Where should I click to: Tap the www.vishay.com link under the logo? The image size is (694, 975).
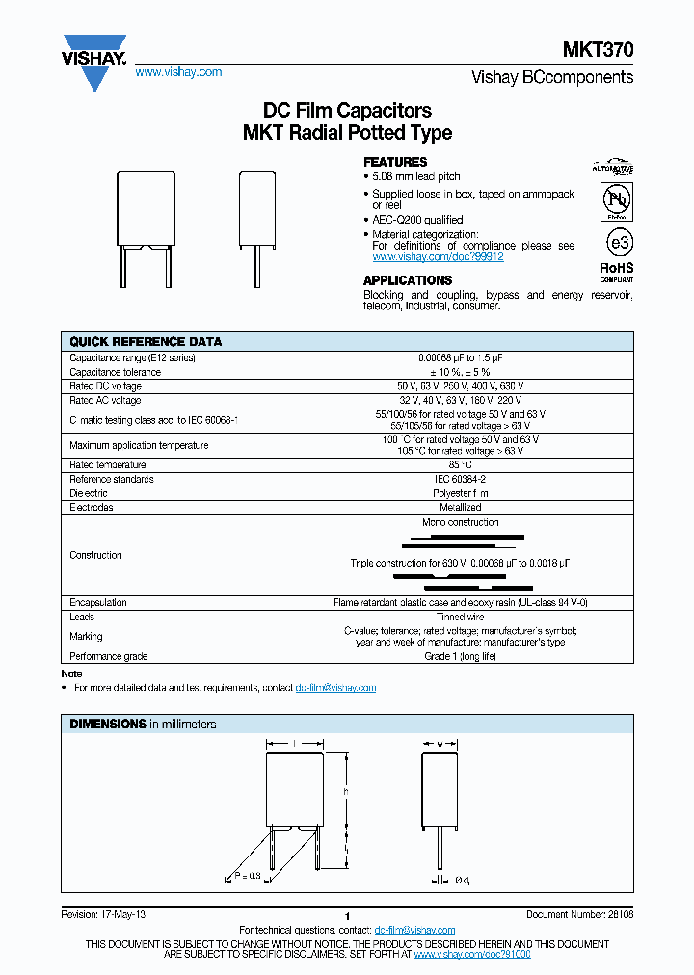click(178, 72)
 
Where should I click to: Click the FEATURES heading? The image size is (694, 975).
click(395, 162)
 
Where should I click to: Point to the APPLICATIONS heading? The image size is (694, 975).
click(408, 280)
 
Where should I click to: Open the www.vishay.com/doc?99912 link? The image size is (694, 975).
click(438, 257)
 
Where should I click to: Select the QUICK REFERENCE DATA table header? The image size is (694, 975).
click(146, 342)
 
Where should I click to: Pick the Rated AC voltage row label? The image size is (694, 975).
click(105, 400)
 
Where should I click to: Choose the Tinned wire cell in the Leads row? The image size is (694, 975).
click(460, 617)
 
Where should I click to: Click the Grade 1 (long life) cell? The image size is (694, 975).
click(460, 656)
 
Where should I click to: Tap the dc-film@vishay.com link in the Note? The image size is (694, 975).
click(335, 688)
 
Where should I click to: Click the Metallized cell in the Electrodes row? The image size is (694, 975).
click(460, 507)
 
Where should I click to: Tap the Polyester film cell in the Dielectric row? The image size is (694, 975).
click(460, 493)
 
